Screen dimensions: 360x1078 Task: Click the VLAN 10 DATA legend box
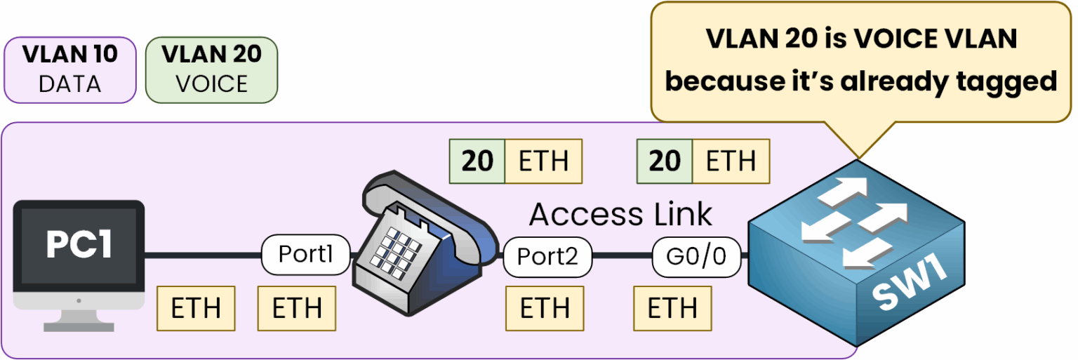click(x=70, y=69)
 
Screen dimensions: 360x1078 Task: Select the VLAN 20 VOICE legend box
click(x=211, y=69)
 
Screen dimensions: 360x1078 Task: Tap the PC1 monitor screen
click(x=79, y=246)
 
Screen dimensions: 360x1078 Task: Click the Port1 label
click(x=305, y=254)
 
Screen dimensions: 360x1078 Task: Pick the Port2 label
click(x=547, y=257)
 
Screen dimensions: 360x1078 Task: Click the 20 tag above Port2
click(x=477, y=161)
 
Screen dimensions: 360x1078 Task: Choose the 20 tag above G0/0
click(x=664, y=161)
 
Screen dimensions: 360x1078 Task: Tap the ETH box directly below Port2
click(x=544, y=307)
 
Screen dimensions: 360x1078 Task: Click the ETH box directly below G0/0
click(x=672, y=307)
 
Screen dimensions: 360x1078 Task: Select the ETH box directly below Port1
click(x=297, y=307)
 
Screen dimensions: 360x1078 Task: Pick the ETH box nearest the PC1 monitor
click(x=195, y=307)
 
